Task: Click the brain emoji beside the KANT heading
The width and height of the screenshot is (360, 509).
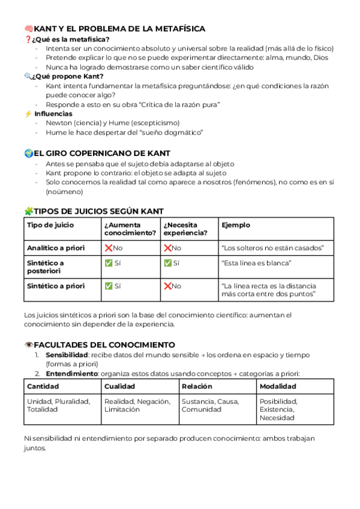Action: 28,29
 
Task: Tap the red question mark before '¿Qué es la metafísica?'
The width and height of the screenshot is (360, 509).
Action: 28,40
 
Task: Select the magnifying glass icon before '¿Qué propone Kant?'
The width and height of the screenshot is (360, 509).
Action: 28,76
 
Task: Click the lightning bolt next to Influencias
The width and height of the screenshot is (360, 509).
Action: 28,113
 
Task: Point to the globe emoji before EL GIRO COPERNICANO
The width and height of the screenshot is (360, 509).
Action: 28,154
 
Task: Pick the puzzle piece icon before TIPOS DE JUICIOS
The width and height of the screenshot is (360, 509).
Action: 28,211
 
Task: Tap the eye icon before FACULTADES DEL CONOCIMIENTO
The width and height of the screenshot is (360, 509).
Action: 28,345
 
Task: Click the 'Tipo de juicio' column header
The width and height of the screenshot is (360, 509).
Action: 50,225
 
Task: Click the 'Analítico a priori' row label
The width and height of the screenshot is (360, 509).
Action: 56,248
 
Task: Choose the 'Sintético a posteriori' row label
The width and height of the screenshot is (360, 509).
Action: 46,267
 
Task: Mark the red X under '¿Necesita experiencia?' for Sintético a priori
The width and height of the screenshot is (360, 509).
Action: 168,286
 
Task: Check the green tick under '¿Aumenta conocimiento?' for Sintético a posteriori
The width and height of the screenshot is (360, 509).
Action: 109,264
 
